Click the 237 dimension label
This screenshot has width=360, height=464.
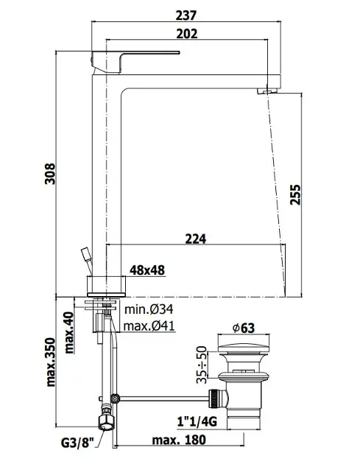click(186, 15)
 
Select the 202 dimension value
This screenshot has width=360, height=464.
click(187, 34)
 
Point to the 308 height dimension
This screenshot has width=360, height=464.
click(50, 174)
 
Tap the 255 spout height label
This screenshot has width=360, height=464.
click(295, 194)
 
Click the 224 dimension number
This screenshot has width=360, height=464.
click(196, 239)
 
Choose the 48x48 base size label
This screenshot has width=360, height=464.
click(147, 270)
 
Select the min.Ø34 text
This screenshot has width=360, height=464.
click(149, 309)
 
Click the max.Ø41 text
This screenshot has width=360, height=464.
click(149, 326)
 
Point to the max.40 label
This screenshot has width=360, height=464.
click(69, 333)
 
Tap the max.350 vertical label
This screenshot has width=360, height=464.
click(51, 362)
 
